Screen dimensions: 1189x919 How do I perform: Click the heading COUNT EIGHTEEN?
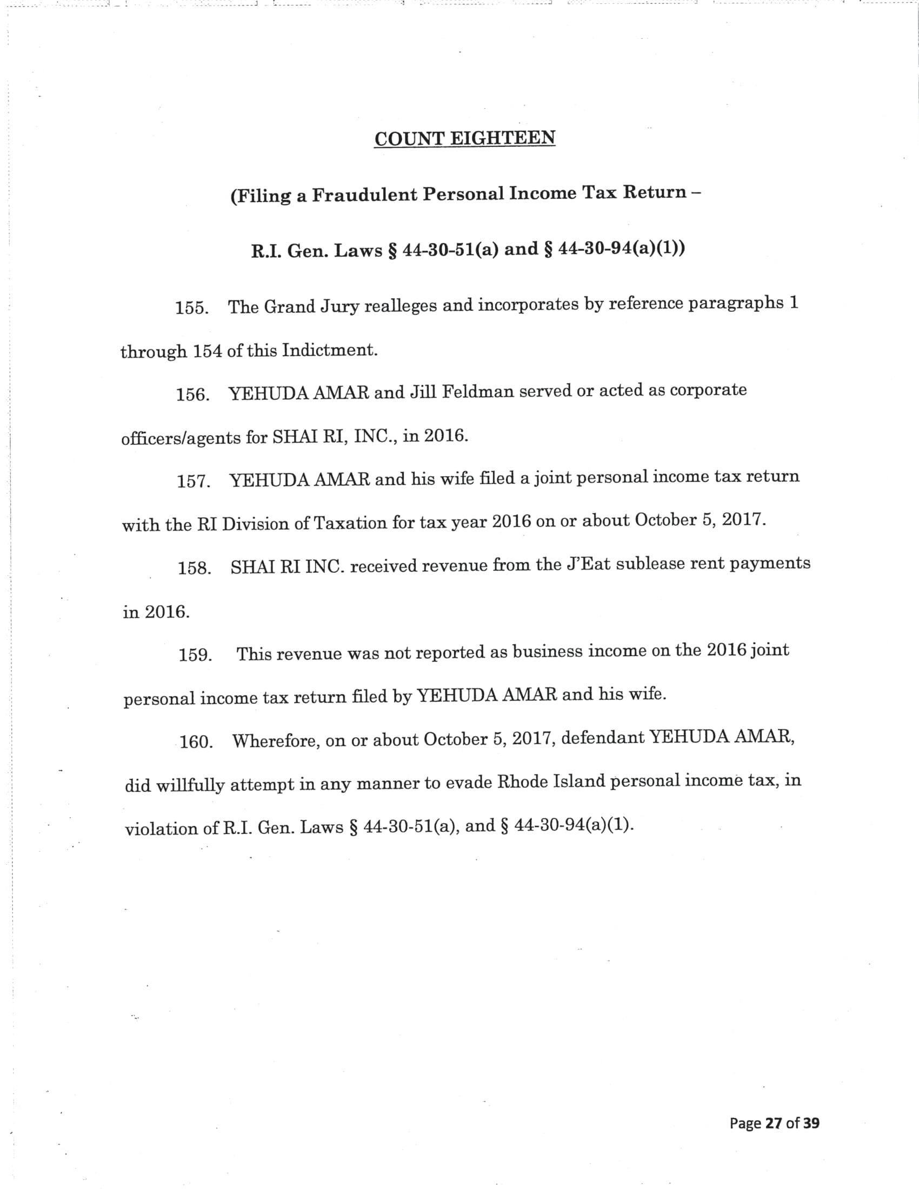point(464,138)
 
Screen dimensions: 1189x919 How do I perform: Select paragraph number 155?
point(192,308)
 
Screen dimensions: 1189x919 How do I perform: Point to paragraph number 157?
point(194,482)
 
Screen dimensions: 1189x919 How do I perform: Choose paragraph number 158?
point(195,569)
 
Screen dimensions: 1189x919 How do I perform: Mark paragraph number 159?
point(195,655)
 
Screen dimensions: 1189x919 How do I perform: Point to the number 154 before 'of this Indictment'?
point(208,351)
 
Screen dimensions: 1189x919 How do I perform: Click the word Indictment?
point(329,350)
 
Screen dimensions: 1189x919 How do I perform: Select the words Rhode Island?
point(552,783)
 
